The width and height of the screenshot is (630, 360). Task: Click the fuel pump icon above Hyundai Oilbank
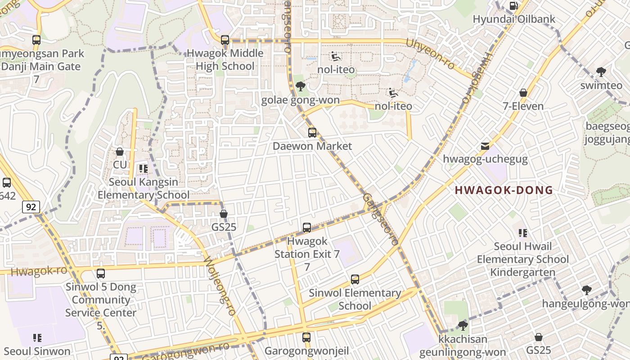[513, 6]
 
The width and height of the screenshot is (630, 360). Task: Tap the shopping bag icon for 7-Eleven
[523, 93]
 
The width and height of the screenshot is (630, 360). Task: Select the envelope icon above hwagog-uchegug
[485, 146]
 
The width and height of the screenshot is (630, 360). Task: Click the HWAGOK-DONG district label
[504, 190]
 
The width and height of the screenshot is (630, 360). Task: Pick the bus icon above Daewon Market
[312, 133]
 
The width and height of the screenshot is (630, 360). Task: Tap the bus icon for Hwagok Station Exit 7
[307, 228]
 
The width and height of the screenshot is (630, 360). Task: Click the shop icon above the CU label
[120, 152]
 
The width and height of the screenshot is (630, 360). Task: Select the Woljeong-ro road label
[220, 286]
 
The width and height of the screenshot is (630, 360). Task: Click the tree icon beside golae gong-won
[301, 86]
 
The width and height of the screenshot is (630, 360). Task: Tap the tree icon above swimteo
[601, 72]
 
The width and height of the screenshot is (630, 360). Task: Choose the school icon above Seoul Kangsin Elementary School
[144, 169]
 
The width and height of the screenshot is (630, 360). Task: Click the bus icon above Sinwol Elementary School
[355, 279]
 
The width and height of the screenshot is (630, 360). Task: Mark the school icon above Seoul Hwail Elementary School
[523, 233]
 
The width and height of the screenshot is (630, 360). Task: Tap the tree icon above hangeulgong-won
[586, 290]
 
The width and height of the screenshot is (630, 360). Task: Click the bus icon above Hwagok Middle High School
[225, 40]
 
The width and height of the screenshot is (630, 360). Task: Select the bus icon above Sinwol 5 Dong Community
[101, 274]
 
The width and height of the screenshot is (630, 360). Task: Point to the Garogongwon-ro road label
[185, 350]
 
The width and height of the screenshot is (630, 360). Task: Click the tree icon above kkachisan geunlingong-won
[463, 326]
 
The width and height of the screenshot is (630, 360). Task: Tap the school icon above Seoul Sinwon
[37, 337]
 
